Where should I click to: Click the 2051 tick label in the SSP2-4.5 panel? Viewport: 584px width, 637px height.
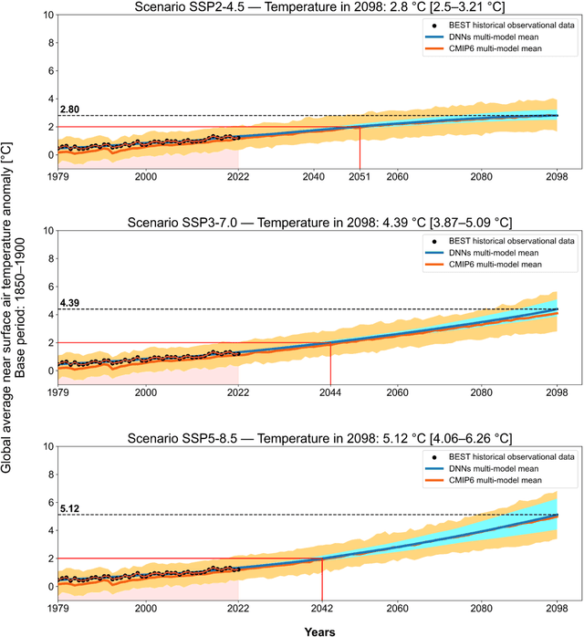coord(360,176)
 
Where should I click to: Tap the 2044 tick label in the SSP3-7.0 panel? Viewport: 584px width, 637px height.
coord(330,392)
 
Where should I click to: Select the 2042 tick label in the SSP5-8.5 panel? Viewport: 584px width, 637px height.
coord(322,608)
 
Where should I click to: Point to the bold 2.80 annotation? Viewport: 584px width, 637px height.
coord(69,110)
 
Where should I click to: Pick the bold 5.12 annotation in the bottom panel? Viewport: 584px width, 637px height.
coord(69,507)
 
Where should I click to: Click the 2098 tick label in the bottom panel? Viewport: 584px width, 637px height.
coord(558,608)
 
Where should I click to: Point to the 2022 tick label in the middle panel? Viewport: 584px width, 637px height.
coord(238,392)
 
